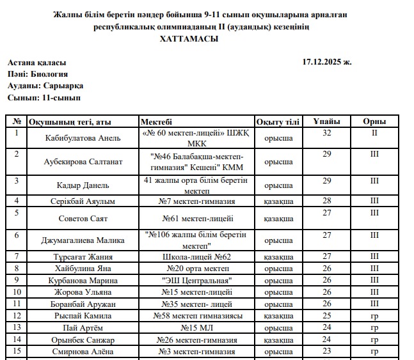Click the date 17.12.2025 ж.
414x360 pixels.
coord(326,63)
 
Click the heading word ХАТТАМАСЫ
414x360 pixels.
coord(188,39)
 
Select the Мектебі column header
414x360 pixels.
coord(156,121)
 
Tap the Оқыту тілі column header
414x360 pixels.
coord(278,121)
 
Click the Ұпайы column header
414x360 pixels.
coord(326,121)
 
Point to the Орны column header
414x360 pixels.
coord(374,121)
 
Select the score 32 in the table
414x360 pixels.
coord(326,133)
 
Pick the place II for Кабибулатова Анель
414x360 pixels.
coord(374,133)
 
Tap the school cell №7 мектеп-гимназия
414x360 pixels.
coord(196,201)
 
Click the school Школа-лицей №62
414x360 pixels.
coord(196,257)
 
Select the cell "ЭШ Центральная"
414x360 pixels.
coord(196,281)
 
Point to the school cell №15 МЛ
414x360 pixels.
coord(196,328)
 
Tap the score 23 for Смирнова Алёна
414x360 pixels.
coord(326,351)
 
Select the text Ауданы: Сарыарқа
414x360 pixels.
coord(45,86)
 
